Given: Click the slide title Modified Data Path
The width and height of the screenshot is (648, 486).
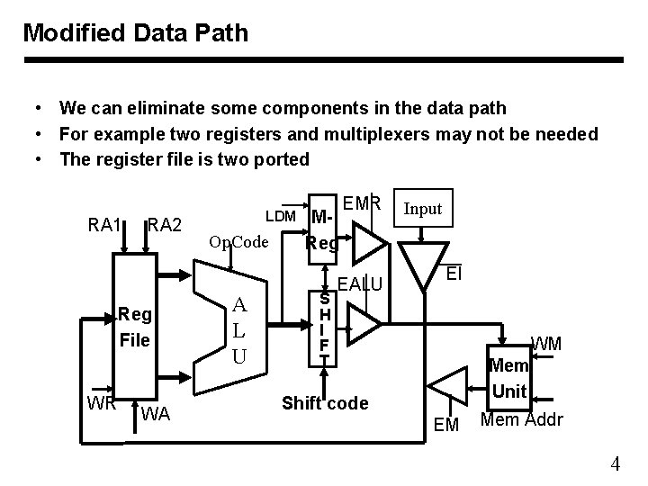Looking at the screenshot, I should [x=136, y=33].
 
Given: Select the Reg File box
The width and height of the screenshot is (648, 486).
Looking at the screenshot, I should [x=136, y=328].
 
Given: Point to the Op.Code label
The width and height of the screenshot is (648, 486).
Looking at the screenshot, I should [x=238, y=242].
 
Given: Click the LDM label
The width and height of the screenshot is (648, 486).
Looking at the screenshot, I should [x=281, y=217].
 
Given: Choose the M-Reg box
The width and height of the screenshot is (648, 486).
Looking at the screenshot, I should [x=322, y=229].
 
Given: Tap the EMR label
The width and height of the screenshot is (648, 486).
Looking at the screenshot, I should [x=363, y=202].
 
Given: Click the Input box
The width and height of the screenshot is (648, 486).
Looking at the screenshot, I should [x=422, y=209].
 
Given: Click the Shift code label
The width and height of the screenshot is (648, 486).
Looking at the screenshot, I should [x=325, y=402].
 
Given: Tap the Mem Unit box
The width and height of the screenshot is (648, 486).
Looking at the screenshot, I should [x=510, y=379].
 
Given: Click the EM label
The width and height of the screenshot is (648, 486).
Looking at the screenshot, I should [x=447, y=423].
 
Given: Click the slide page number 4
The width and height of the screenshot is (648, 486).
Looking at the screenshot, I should [x=615, y=464].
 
